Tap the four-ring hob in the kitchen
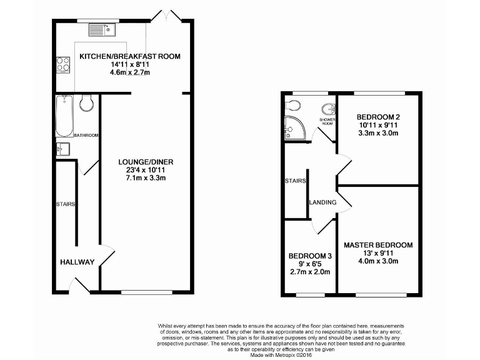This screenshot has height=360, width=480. [x=63, y=64]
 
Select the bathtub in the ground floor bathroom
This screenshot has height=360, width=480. [x=63, y=116]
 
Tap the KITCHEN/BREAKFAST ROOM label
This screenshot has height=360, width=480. [x=130, y=56]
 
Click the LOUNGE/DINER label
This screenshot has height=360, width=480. [x=146, y=162]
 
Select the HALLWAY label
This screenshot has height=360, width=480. [x=77, y=262]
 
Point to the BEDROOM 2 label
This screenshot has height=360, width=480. [x=378, y=117]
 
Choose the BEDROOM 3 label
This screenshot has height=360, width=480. [x=310, y=256]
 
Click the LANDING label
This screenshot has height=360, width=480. [x=323, y=202]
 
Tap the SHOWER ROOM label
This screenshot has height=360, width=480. [x=326, y=121]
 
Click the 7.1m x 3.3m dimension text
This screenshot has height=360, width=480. [x=146, y=178]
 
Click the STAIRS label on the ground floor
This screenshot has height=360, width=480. [x=66, y=204]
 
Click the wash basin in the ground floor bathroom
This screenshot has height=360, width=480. [x=62, y=149]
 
